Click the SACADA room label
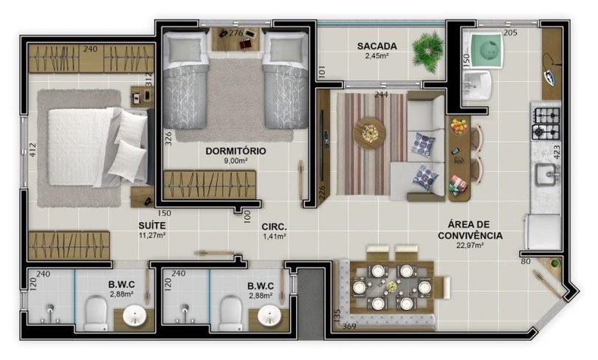377,46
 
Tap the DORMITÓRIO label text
236,150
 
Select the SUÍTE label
152,226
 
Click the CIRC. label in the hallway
274,227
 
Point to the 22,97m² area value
470,246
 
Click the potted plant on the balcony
429,52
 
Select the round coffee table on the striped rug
369,133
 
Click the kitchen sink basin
545,175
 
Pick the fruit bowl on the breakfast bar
458,126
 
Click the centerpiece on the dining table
392,286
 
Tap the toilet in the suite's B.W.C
94,314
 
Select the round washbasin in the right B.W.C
269,315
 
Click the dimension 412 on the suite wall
32,150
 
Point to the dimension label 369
349,326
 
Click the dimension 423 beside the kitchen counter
556,152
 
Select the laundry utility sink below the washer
477,86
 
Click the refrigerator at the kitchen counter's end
543,232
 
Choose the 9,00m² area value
236,161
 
